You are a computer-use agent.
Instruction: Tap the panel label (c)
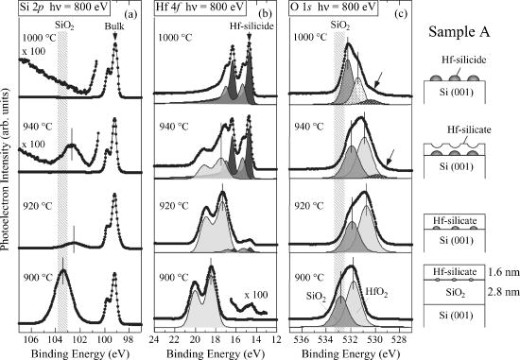[401, 16]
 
